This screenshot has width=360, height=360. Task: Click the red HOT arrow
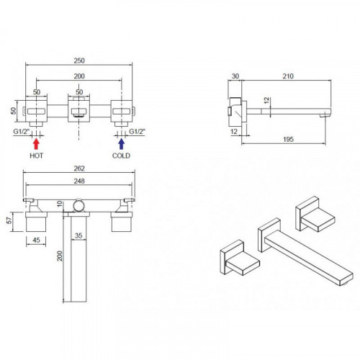click(36, 144)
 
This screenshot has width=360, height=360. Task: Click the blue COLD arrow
click(122, 144)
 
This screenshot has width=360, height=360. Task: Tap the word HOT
click(37, 156)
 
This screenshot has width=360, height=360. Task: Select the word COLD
click(121, 156)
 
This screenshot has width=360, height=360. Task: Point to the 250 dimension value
click(79, 60)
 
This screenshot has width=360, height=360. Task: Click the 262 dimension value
click(79, 168)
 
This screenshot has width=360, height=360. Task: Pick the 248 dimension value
click(79, 181)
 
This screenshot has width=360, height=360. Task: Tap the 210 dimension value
click(288, 76)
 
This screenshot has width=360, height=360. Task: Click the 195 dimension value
click(288, 139)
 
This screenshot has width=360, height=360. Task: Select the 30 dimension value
click(235, 76)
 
